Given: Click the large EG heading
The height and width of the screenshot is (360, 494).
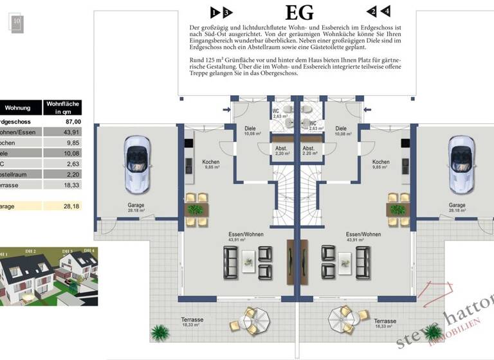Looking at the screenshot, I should point(299,12).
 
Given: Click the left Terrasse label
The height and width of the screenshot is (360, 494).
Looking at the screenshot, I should point(192,321).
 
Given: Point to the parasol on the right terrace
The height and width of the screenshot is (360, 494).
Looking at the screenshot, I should point(341,318).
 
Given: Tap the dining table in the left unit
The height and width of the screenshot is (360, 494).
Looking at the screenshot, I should point(197,210).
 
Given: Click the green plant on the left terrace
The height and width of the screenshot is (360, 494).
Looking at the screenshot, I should point(159,333).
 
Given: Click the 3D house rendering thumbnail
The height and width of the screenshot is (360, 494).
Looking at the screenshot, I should point(48,276).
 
